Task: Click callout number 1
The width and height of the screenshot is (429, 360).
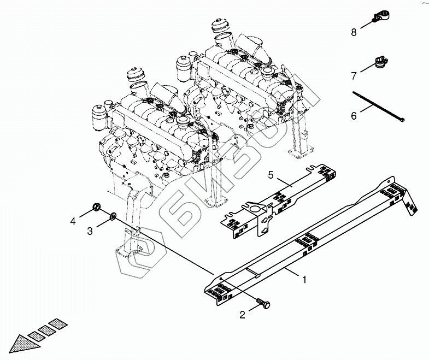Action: [305, 279]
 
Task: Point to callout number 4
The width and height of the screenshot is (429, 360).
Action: [73, 222]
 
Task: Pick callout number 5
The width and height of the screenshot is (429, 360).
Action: [269, 175]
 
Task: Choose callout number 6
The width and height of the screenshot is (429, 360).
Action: [354, 116]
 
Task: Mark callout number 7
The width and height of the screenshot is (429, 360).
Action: [354, 75]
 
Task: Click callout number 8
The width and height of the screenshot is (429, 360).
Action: [354, 32]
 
